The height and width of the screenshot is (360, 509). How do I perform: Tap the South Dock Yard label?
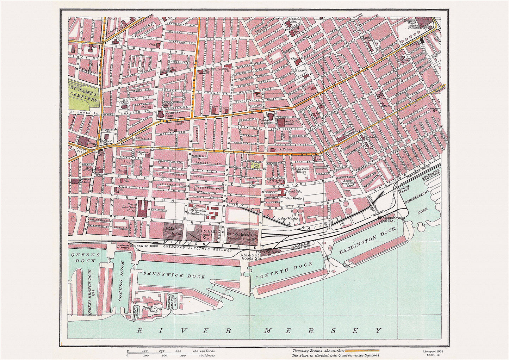(149, 309)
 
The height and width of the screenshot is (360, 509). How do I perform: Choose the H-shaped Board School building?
(282, 192)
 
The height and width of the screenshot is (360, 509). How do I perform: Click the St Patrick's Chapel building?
(161, 114)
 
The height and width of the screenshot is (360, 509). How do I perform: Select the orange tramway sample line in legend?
(362, 351)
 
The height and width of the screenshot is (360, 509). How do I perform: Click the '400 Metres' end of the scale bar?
(194, 355)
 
